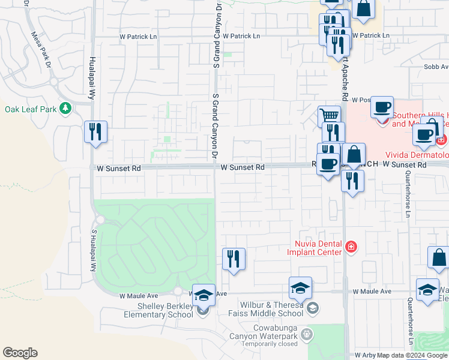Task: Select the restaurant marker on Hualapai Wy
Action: pyautogui.click(x=95, y=131)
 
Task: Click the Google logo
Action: pyautogui.click(x=20, y=353)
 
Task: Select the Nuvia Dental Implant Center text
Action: pyautogui.click(x=318, y=248)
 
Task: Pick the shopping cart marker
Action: pyautogui.click(x=329, y=115)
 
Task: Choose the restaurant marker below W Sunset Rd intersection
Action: pyautogui.click(x=352, y=180)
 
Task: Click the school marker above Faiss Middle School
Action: pyautogui.click(x=300, y=287)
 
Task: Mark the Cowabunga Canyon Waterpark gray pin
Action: pyautogui.click(x=308, y=333)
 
